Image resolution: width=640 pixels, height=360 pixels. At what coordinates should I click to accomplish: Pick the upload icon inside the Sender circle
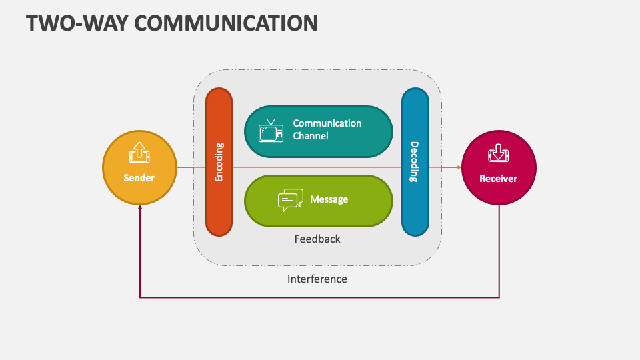coord(139,153)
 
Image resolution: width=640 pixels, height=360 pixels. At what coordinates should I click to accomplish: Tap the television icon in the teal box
coord(271,131)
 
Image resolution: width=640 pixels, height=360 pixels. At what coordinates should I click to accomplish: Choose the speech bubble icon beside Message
coord(290,200)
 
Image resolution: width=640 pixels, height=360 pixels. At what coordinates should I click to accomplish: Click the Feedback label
coord(317,239)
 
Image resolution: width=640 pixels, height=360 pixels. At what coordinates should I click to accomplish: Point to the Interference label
coord(317,279)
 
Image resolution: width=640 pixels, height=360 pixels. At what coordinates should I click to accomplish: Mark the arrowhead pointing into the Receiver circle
coord(459,167)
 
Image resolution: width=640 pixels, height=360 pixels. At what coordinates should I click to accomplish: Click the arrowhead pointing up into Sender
coord(140,207)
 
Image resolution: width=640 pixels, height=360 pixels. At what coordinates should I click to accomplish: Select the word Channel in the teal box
coord(311,136)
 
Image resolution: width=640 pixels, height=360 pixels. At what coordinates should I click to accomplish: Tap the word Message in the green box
coord(329,199)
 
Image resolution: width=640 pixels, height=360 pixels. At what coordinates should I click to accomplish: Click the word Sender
coord(139,178)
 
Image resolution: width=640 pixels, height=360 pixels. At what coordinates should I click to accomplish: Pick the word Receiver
coord(499,179)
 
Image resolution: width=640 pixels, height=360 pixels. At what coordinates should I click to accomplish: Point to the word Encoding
coord(219,163)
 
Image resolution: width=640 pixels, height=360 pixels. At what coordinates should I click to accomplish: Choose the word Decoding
coord(414,162)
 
